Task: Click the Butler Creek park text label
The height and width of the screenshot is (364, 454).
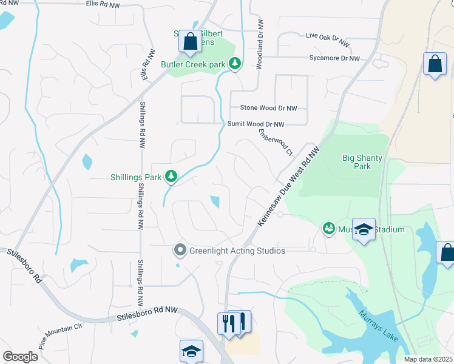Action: click(x=192, y=64)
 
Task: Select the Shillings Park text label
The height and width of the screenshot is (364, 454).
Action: click(x=136, y=177)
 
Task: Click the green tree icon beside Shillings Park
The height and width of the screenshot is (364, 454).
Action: click(x=172, y=177)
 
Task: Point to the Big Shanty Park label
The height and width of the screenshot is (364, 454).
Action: click(x=362, y=162)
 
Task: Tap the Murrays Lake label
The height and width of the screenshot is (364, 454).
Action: click(x=378, y=326)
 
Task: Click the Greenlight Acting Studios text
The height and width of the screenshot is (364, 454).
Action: click(x=237, y=250)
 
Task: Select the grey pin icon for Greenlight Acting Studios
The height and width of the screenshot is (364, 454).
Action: click(x=180, y=250)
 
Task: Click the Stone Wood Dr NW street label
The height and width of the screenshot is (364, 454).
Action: click(x=268, y=108)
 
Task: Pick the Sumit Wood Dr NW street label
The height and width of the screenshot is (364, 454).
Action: click(x=256, y=124)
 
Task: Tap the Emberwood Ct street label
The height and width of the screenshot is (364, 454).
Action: click(x=276, y=141)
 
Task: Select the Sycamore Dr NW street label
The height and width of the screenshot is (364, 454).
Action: click(x=334, y=58)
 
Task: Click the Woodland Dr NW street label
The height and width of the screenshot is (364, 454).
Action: click(x=260, y=46)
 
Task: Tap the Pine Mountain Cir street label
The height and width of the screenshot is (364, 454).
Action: click(x=60, y=335)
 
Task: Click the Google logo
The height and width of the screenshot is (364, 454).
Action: click(x=20, y=357)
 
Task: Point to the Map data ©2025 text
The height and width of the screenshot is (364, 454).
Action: click(x=429, y=359)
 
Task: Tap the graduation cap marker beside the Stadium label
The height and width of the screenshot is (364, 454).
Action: click(x=364, y=229)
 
